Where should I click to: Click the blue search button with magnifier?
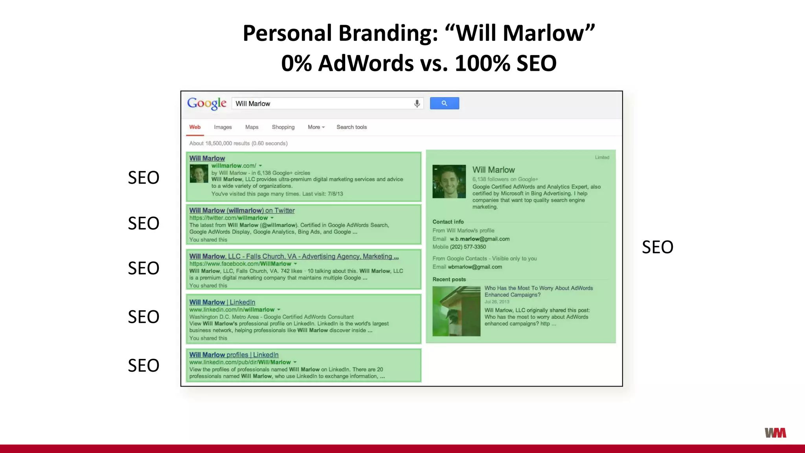pos(444,103)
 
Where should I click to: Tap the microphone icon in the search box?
pos(417,103)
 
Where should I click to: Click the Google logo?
pos(207,103)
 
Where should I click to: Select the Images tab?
pos(222,127)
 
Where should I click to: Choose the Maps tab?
pos(252,127)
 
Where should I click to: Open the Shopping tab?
pos(283,127)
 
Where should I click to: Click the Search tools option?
pos(351,127)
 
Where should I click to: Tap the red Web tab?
pos(195,127)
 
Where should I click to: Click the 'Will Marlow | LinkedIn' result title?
pos(222,302)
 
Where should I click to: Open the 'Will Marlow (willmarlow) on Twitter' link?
pos(242,210)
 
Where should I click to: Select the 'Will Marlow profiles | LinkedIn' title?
pos(234,355)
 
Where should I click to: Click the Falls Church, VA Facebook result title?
pos(294,256)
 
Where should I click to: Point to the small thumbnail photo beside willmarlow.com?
pos(199,174)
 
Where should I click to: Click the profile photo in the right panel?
pos(449,181)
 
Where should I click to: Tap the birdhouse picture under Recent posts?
pos(456,311)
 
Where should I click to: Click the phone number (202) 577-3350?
pos(468,247)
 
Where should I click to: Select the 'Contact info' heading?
pos(448,222)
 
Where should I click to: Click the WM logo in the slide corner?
pos(775,433)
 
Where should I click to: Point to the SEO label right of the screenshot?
pos(657,247)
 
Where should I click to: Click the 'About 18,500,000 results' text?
pos(238,144)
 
